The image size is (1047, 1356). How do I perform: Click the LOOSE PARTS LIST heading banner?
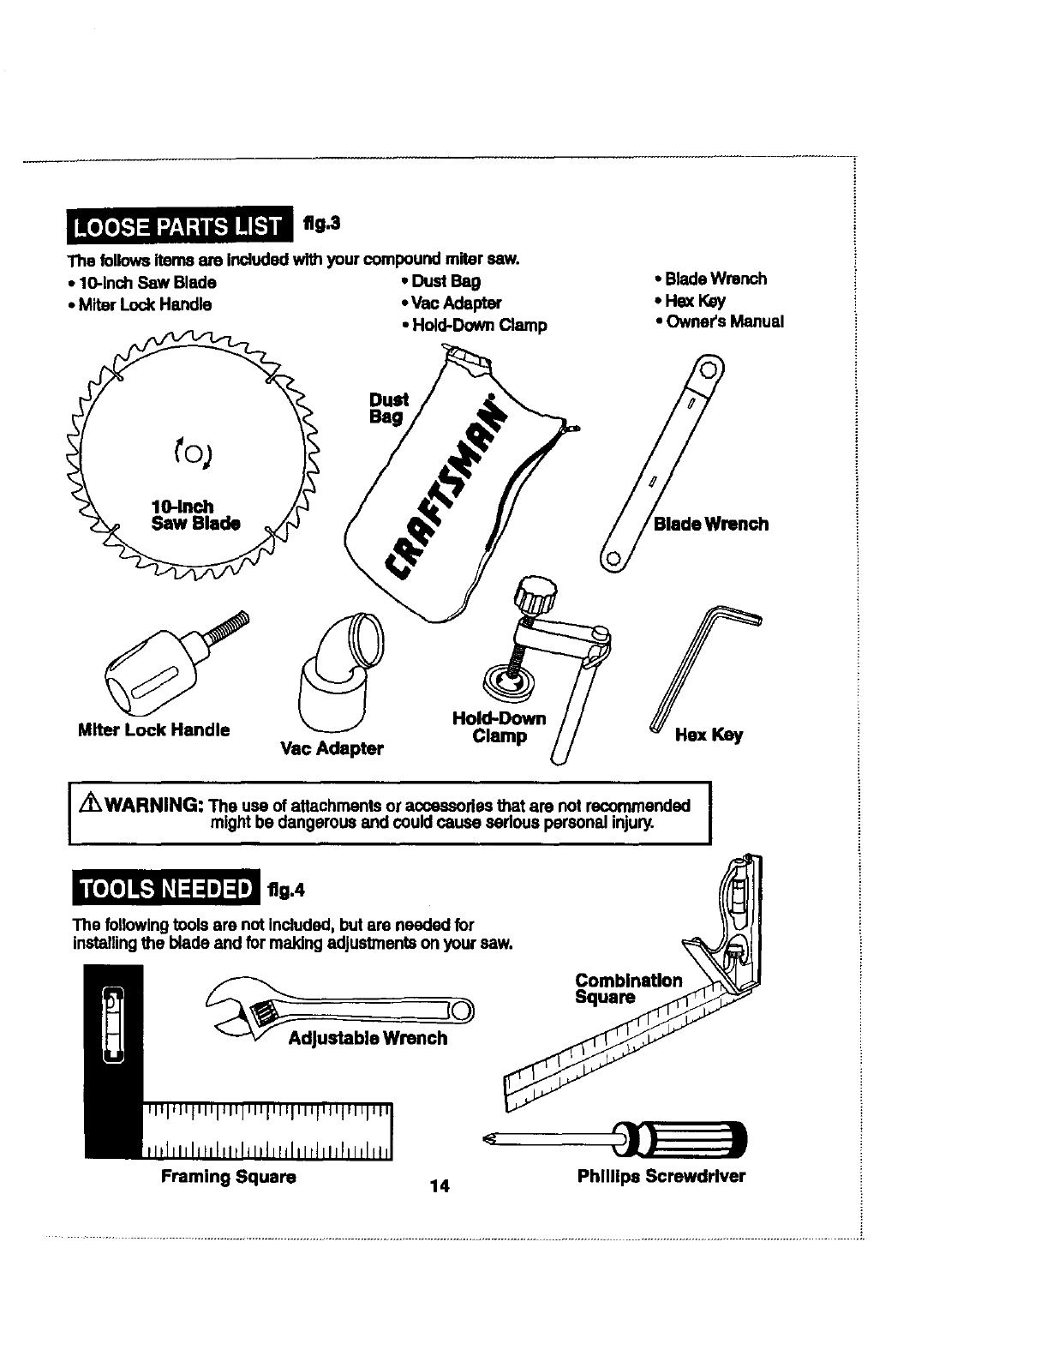177,226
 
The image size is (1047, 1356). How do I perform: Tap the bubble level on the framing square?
114,1025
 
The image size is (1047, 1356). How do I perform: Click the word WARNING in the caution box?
154,807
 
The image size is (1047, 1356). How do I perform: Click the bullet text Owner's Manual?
724,322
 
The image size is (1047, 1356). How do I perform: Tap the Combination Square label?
629,989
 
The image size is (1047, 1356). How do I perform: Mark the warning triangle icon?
92,806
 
